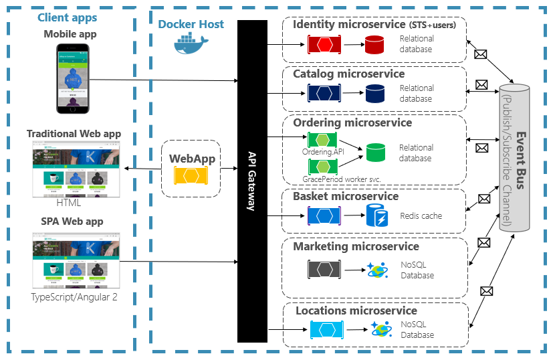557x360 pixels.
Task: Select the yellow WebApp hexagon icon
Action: (x=189, y=176)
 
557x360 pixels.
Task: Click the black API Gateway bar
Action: (x=252, y=181)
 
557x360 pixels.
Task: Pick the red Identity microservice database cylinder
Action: (x=374, y=45)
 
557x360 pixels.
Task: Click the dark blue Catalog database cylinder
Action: (x=374, y=94)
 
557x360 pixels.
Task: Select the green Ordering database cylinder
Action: (x=376, y=153)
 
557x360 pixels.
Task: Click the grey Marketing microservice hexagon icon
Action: (x=325, y=270)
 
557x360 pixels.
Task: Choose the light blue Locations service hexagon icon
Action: (x=327, y=330)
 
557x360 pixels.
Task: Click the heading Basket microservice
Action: (x=345, y=196)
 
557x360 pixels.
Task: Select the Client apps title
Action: (x=67, y=18)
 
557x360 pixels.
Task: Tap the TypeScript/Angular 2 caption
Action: (x=74, y=296)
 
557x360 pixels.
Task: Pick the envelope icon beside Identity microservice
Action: (x=479, y=55)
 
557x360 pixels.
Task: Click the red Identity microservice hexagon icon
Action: (x=324, y=45)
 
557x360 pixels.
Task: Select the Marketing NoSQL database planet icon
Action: (x=375, y=270)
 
